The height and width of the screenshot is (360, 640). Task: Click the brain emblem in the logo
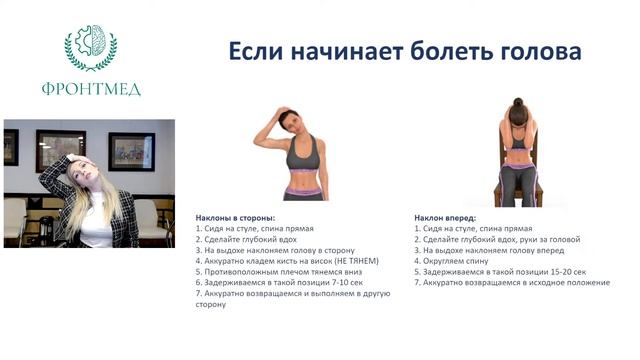point(91,45)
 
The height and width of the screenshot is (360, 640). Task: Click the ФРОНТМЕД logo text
point(91,89)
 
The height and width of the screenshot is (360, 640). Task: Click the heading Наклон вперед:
point(445,217)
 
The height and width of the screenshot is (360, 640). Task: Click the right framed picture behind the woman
point(131,151)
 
